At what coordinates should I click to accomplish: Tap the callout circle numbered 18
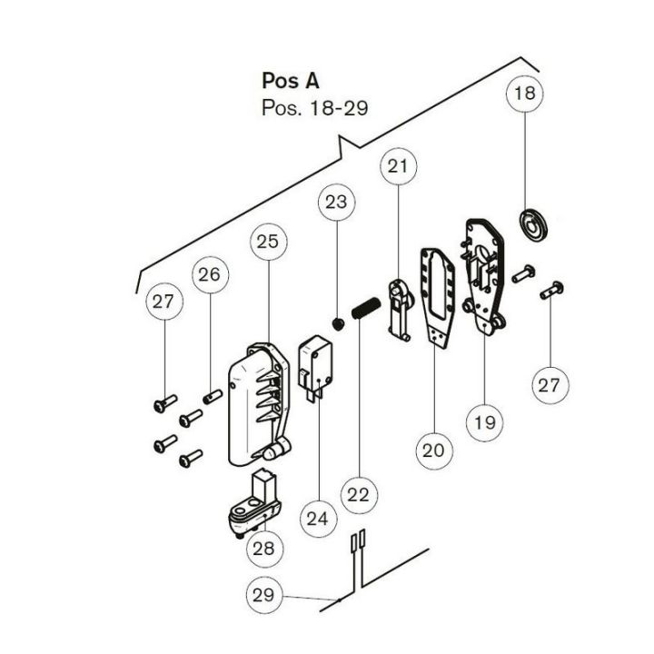pos(526,94)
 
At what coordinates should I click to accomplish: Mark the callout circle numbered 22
pos(358,495)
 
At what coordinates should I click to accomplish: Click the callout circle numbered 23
pos(336,202)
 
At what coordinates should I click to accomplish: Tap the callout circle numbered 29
pos(263,596)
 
